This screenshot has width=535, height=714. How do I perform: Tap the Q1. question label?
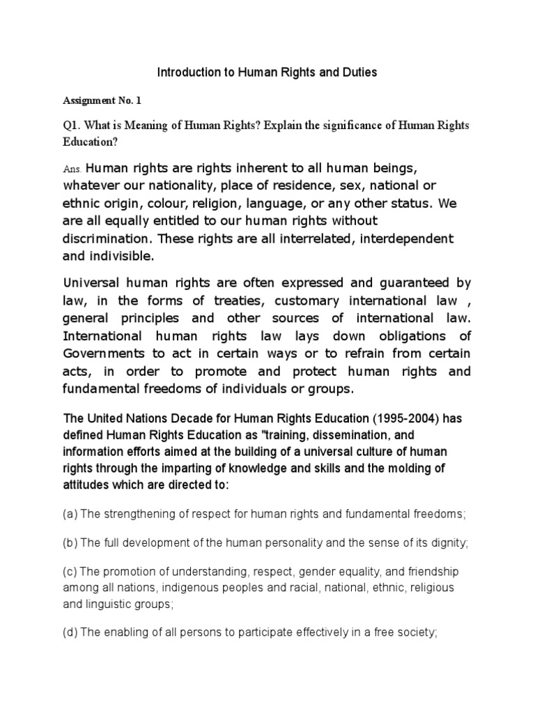tap(73, 126)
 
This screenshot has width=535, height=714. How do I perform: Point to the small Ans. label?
tap(72, 169)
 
